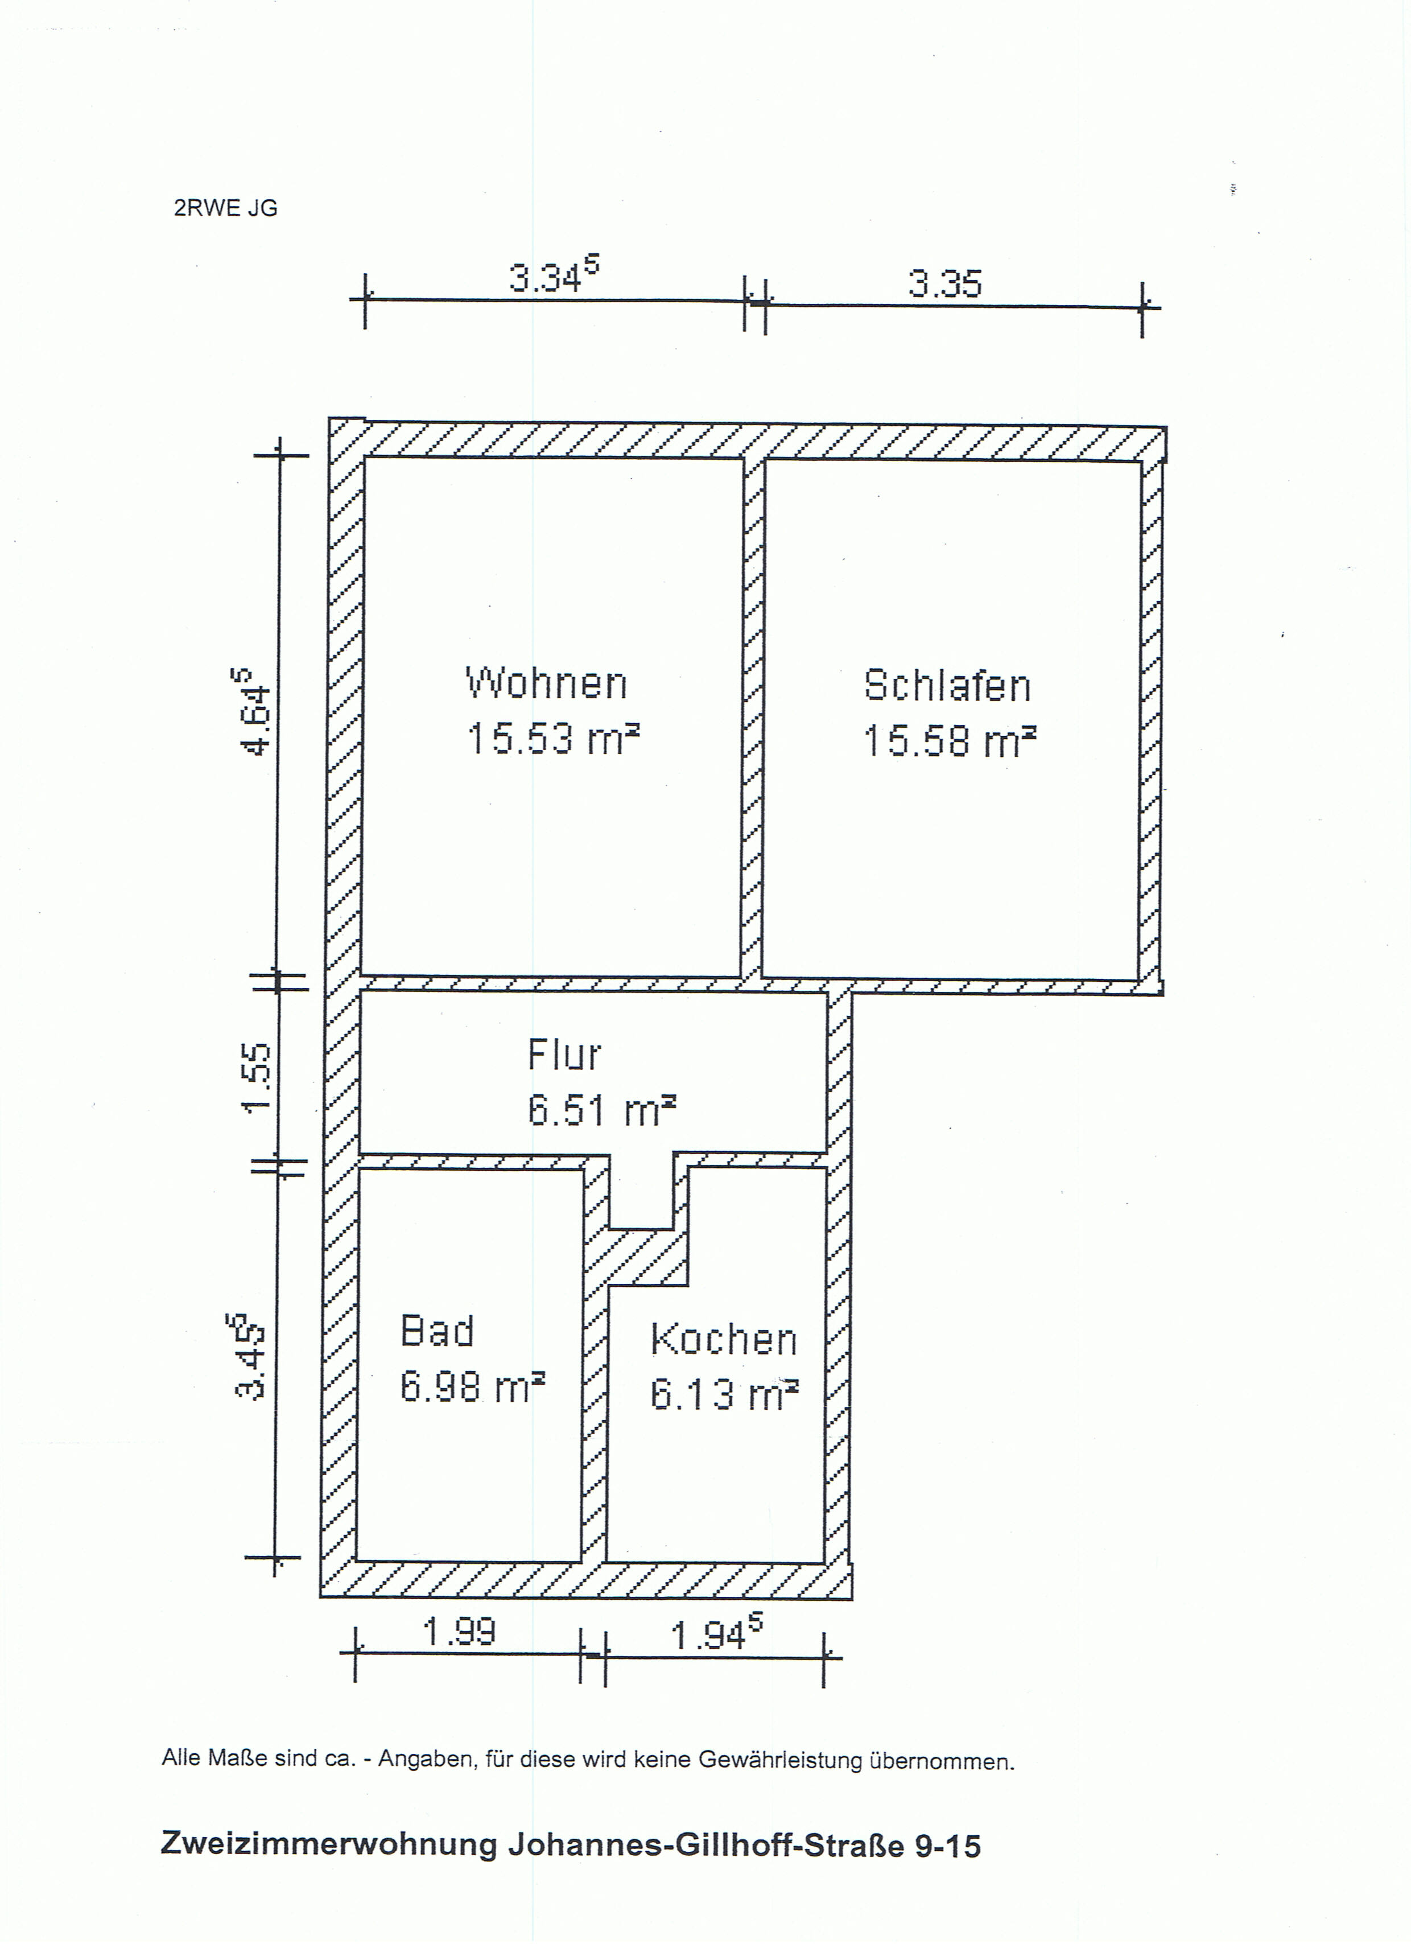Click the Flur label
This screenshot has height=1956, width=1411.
pos(564,1054)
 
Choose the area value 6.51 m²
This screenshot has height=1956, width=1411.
pos(601,1110)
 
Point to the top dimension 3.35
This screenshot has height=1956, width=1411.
pos(944,283)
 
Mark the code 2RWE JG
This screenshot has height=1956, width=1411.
pos(226,209)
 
